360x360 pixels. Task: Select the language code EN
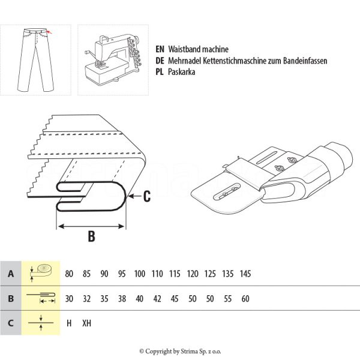point(160,49)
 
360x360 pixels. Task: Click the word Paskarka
point(184,71)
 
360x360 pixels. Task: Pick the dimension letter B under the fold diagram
point(91,236)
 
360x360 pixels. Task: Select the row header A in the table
point(11,274)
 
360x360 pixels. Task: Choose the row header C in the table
point(11,323)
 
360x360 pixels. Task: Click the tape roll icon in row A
point(41,274)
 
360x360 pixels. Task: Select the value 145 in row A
point(245,274)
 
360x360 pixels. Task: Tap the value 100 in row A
point(140,274)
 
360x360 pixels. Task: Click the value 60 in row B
point(245,298)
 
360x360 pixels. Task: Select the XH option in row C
point(87,323)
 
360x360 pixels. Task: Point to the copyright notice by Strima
point(180,351)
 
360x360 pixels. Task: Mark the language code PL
point(160,71)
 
